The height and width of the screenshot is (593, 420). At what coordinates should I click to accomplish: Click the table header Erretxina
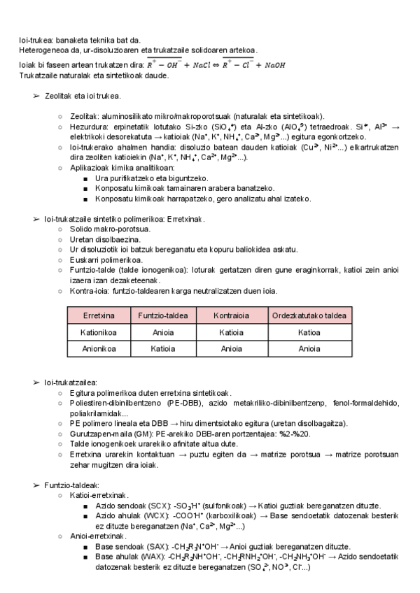pyautogui.click(x=99, y=315)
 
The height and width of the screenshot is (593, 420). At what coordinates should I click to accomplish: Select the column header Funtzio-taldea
pyautogui.click(x=164, y=315)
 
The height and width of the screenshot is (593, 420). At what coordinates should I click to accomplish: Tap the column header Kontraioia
pyautogui.click(x=230, y=315)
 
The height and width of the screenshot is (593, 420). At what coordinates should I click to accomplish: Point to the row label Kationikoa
pyautogui.click(x=99, y=334)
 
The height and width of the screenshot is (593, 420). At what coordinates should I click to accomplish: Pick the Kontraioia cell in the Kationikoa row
pyautogui.click(x=230, y=334)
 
